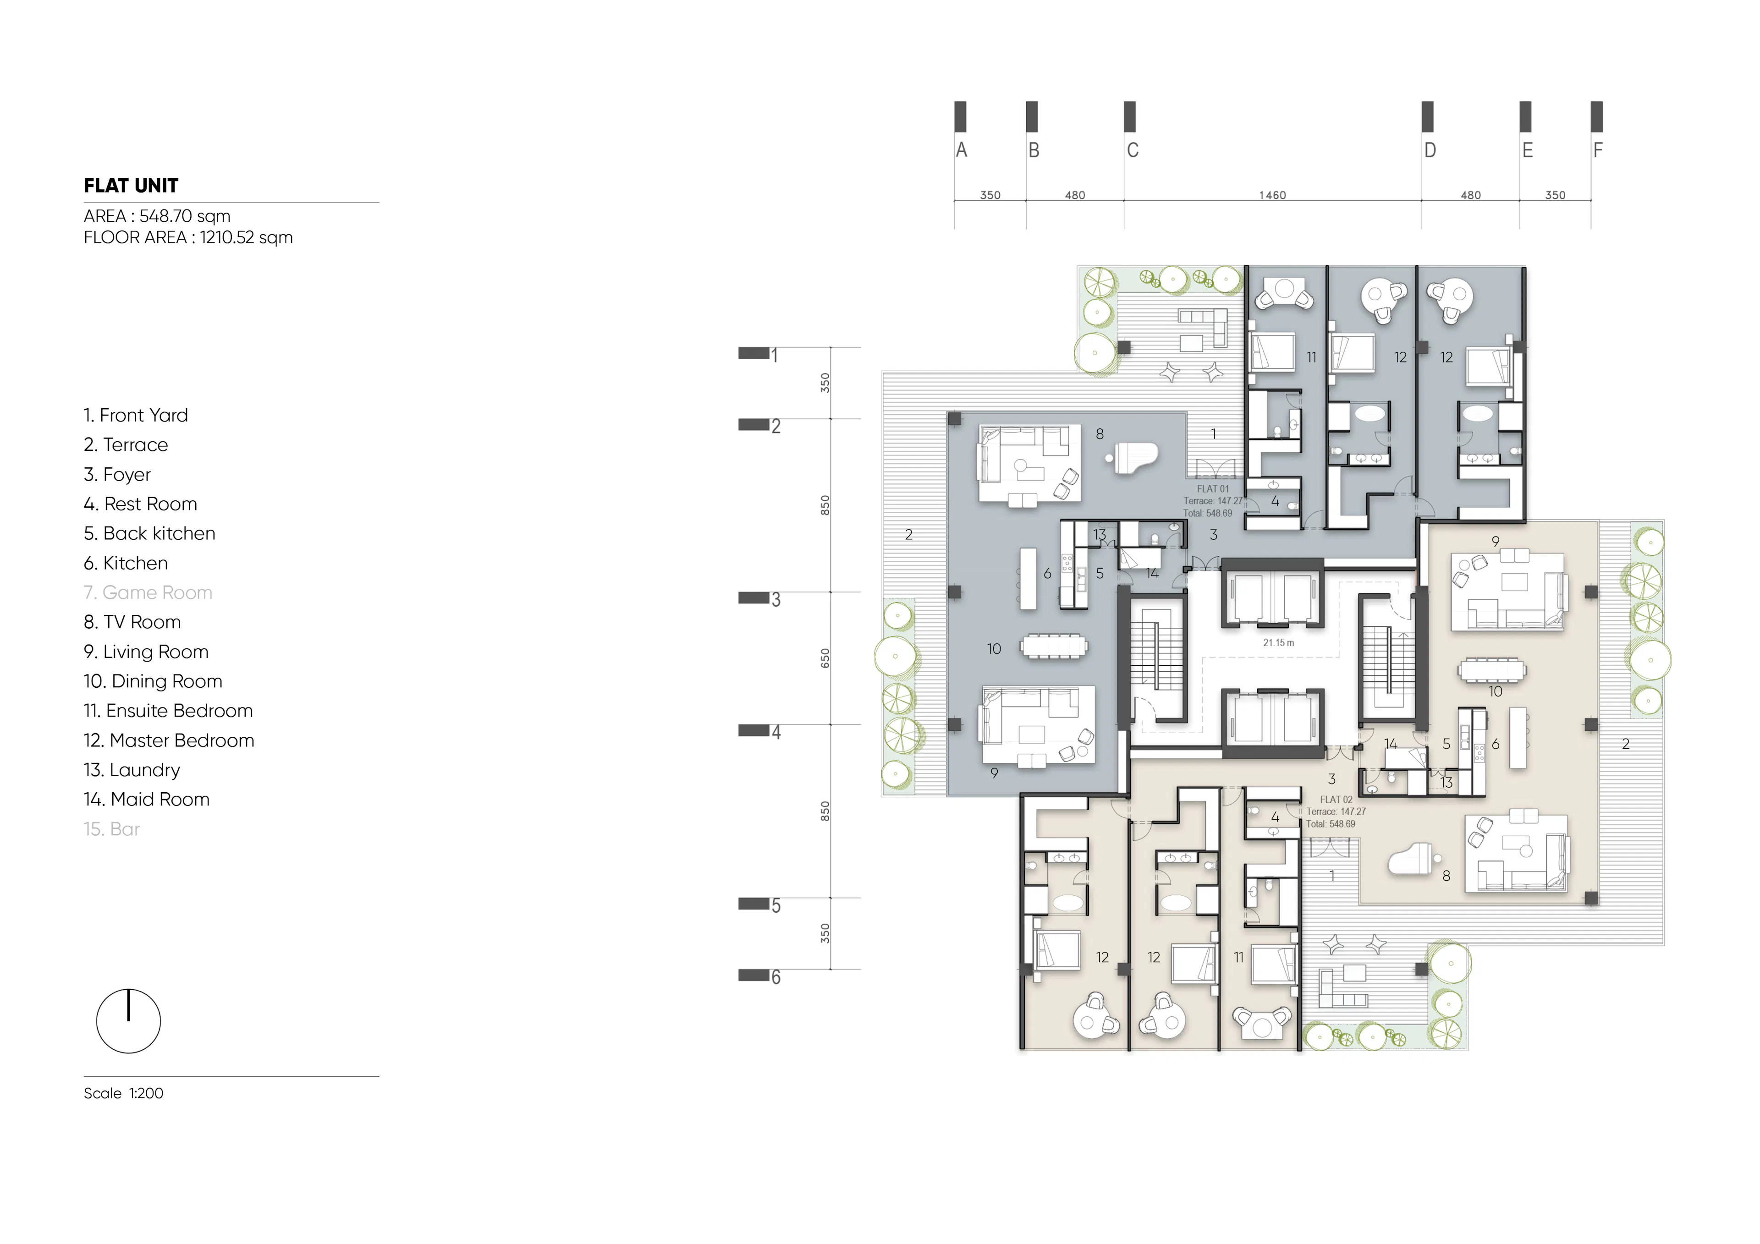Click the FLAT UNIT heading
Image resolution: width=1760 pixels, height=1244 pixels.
pyautogui.click(x=131, y=186)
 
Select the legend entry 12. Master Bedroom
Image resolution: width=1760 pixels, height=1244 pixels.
pyautogui.click(x=169, y=740)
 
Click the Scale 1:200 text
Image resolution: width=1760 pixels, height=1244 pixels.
pyautogui.click(x=123, y=1093)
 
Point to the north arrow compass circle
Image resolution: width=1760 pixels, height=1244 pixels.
pyautogui.click(x=128, y=1021)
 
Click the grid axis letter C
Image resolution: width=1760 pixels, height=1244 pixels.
pyautogui.click(x=1132, y=150)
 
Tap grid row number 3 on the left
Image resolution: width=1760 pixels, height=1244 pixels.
pyautogui.click(x=776, y=599)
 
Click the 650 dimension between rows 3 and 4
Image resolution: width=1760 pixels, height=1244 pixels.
pyautogui.click(x=825, y=658)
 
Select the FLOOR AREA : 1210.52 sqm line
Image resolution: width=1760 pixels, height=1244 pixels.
pyautogui.click(x=188, y=238)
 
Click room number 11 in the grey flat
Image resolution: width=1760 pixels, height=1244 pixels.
pyautogui.click(x=1312, y=357)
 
